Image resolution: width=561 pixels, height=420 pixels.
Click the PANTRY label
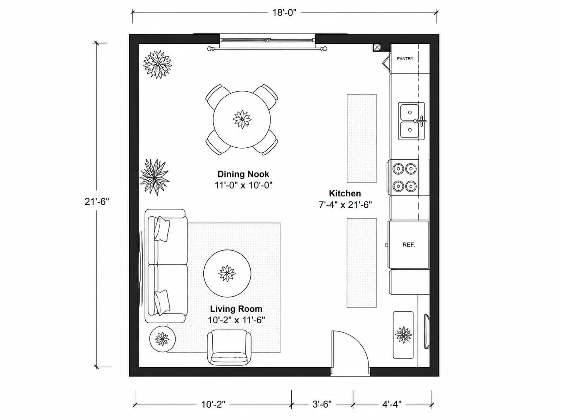405,59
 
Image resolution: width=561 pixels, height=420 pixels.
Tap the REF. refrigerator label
409,245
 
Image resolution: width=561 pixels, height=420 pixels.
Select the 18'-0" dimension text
284,12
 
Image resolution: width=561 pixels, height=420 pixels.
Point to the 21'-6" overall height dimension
97,202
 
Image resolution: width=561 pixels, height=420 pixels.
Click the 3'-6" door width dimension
322,404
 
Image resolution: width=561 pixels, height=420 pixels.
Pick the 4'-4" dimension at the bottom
392,404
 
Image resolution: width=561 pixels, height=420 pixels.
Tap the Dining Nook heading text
243,174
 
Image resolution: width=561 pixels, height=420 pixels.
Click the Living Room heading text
236,309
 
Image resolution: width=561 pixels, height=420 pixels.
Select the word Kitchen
345,193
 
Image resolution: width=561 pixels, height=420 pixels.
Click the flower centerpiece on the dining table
242,119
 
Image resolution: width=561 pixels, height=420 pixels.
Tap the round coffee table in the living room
227,273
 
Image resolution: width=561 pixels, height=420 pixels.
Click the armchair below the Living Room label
229,348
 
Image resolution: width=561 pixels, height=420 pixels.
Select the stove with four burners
403,178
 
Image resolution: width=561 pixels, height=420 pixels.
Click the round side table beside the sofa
162,339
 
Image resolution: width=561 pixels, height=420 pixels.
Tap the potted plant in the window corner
157,64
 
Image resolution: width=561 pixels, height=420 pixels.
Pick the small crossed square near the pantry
377,48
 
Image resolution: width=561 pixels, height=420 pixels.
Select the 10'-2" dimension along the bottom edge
213,404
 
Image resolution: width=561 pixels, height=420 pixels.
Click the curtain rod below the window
267,48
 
